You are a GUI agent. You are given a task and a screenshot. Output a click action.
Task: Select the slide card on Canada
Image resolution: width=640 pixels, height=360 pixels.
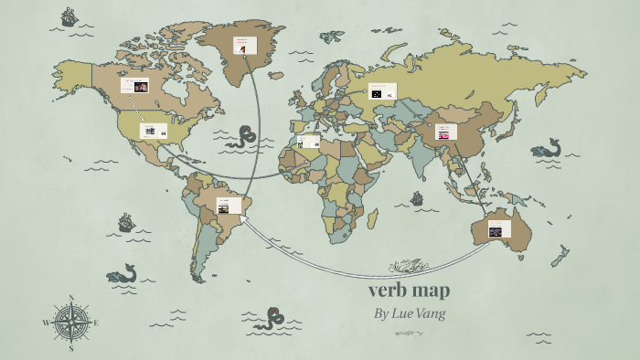click(135, 85)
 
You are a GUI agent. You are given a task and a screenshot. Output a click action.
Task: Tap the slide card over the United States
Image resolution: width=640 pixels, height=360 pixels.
click(154, 131)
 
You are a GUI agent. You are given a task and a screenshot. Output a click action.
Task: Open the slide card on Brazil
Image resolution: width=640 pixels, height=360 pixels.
click(229, 206)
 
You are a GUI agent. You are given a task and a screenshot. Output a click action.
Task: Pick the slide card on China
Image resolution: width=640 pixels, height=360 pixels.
click(445, 132)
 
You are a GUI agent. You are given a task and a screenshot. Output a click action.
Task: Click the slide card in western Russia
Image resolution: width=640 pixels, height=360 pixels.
click(381, 91)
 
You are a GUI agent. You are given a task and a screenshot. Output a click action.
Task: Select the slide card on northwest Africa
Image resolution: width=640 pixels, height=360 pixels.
click(309, 142)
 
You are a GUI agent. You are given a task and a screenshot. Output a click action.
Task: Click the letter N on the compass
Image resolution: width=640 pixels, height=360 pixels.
click(71, 297)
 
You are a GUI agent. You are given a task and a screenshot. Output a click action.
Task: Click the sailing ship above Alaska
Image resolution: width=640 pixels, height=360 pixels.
click(69, 16)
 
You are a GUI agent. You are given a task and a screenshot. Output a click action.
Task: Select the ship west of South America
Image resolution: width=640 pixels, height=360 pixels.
click(126, 222)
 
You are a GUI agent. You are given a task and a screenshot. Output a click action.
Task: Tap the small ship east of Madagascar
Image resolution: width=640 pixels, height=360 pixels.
click(417, 197)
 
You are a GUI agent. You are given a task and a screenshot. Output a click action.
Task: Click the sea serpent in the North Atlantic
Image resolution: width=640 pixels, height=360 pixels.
click(241, 138)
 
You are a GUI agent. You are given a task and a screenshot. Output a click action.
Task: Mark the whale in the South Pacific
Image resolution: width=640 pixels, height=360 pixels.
click(122, 273)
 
